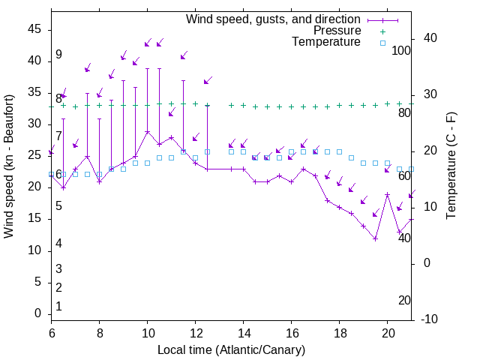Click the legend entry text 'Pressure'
pyautogui.click(x=337, y=31)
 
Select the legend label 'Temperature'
pyautogui.click(x=326, y=43)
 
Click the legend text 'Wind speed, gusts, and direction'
pyautogui.click(x=273, y=19)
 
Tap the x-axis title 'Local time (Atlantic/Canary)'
pyautogui.click(x=232, y=350)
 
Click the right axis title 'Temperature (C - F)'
pyautogui.click(x=451, y=166)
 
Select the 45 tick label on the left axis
pyautogui.click(x=34, y=29)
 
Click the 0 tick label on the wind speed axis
pyautogui.click(x=38, y=314)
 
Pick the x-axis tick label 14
pyautogui.click(x=244, y=333)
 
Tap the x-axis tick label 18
pyautogui.click(x=340, y=333)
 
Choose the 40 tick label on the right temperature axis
pyautogui.click(x=430, y=38)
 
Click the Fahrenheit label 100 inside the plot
pyautogui.click(x=401, y=51)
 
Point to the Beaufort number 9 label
pyautogui.click(x=58, y=55)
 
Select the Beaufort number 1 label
pyautogui.click(x=58, y=307)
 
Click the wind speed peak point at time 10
pyautogui.click(x=148, y=132)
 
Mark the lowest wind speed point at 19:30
pyautogui.click(x=375, y=238)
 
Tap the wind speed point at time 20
pyautogui.click(x=388, y=194)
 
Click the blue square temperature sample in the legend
pyautogui.click(x=382, y=43)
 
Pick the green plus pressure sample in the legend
pyautogui.click(x=382, y=31)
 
